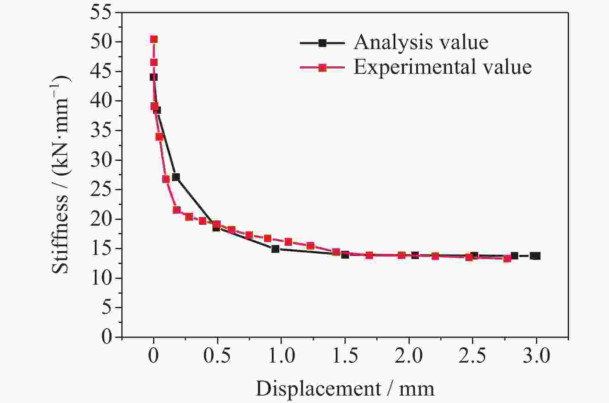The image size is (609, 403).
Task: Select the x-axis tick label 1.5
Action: (345, 356)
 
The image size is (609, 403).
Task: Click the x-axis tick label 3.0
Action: (536, 356)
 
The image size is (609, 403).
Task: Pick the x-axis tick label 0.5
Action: (217, 356)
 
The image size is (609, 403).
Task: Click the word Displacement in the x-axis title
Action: (318, 389)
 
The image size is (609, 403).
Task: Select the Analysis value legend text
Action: (421, 42)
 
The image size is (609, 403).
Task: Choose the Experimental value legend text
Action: (442, 67)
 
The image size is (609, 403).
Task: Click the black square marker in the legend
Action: (323, 43)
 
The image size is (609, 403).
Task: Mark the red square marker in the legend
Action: (323, 68)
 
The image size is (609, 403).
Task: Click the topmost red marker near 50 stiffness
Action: (154, 39)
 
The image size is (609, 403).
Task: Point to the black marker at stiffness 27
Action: (176, 177)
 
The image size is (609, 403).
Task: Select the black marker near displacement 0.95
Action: (275, 249)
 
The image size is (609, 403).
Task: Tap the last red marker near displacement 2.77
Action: (507, 258)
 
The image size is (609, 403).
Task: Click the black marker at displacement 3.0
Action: (536, 256)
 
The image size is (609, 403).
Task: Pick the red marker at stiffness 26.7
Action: (166, 179)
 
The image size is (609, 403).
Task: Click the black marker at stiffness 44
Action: (153, 77)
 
